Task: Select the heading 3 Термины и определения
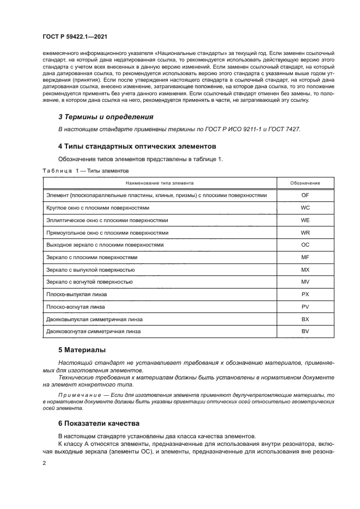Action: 106,116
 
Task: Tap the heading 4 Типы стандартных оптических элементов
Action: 137,146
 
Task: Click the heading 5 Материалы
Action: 82,349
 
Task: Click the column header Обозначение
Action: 305,183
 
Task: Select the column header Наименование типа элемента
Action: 160,183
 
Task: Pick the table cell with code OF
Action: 305,195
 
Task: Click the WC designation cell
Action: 305,208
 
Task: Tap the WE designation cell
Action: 305,220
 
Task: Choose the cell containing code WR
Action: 305,232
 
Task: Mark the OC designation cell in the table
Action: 305,245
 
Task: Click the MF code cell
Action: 305,257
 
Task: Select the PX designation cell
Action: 305,294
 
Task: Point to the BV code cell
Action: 305,331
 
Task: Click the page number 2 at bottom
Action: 44,462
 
